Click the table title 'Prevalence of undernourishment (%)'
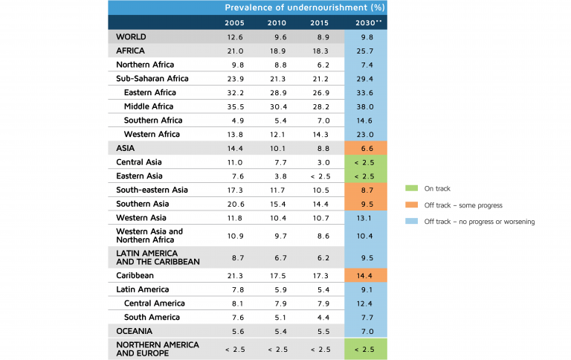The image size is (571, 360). (x=305, y=7)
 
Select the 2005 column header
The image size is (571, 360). (x=234, y=22)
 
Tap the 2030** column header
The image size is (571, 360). (x=367, y=22)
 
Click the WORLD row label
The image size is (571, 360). (x=131, y=36)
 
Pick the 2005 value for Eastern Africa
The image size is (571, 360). (x=234, y=92)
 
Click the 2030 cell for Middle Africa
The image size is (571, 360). (x=367, y=106)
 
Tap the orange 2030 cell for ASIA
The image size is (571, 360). (x=367, y=148)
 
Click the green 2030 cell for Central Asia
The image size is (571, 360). (x=367, y=162)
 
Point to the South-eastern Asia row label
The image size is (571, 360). (x=152, y=190)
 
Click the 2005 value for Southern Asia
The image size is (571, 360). (x=234, y=204)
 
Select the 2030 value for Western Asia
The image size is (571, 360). (x=367, y=218)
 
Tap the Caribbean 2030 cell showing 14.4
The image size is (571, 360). (x=367, y=275)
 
